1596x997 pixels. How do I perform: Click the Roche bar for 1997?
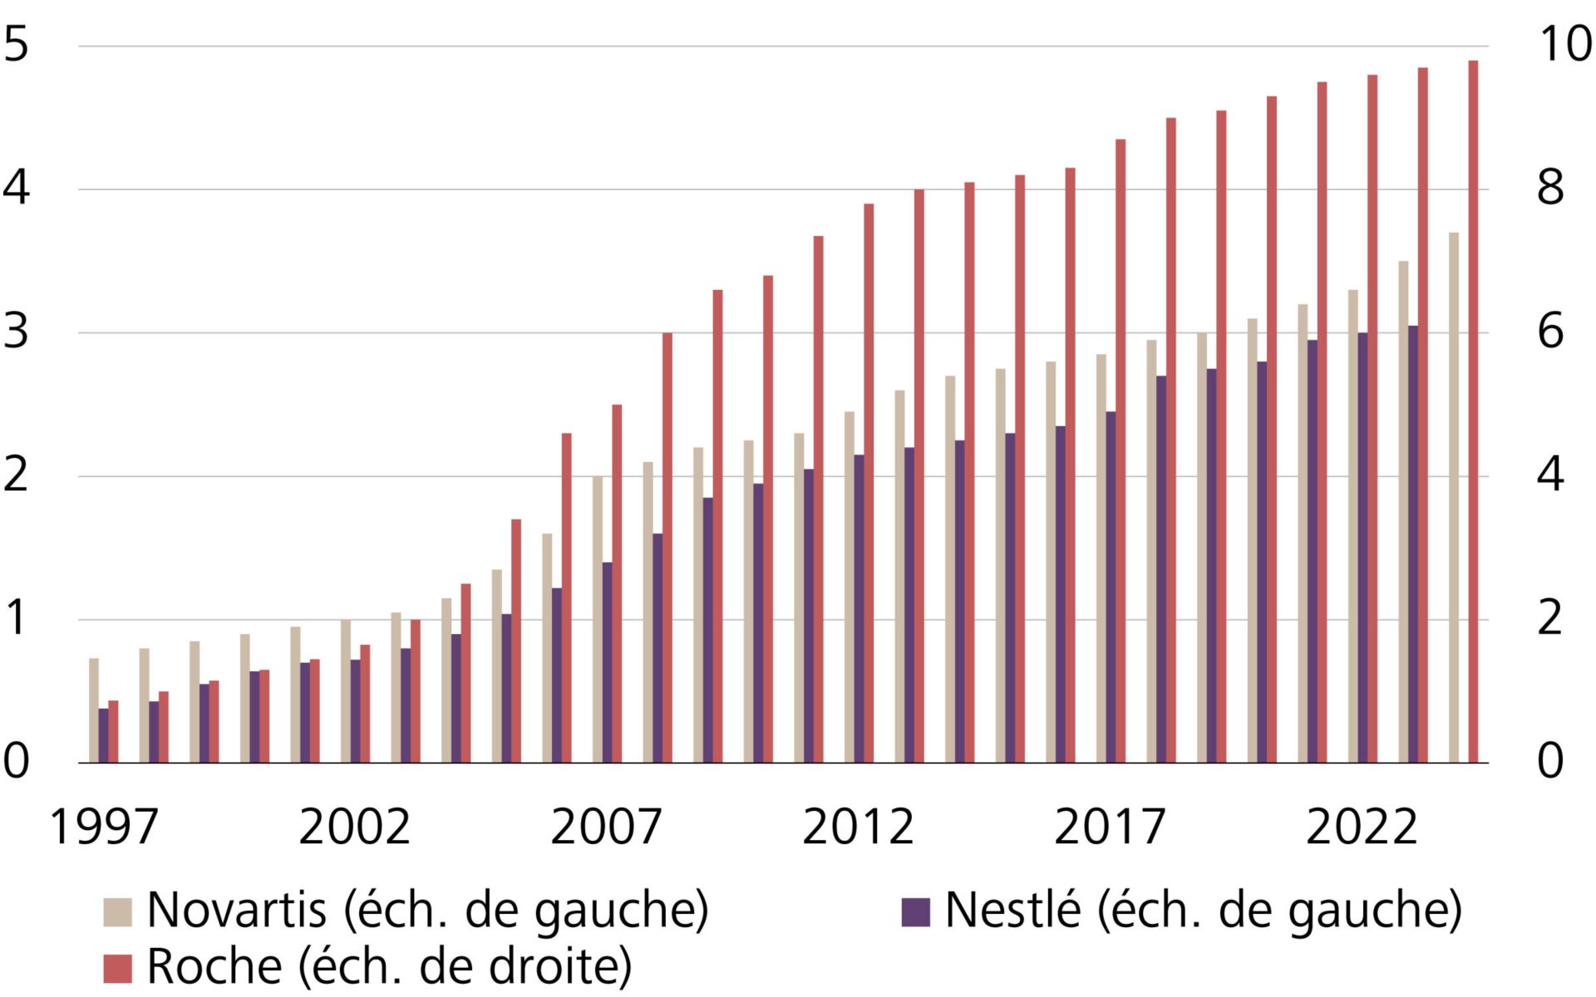pos(114,732)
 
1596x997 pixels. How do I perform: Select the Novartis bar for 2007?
pos(598,620)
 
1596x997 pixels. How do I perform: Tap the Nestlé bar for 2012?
pos(860,609)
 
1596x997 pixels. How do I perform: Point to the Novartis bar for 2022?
pos(1353,527)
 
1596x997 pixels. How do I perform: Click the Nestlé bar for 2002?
pos(356,711)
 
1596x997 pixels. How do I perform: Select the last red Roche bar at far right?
pos(1473,411)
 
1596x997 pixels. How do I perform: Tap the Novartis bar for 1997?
pos(94,710)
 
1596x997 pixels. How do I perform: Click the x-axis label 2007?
pos(606,828)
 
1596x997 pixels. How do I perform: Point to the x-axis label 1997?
pos(104,828)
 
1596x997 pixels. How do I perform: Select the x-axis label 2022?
pos(1362,828)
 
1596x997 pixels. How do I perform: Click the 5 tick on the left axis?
pos(17,44)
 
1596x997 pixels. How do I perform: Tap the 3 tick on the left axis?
pos(17,332)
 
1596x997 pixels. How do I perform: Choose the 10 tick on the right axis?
pos(1566,44)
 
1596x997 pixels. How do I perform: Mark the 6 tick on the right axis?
pos(1550,332)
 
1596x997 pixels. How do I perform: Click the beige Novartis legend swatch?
pos(117,911)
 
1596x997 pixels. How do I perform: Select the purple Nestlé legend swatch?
pos(915,911)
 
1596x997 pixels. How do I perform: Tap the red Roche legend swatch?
pos(117,968)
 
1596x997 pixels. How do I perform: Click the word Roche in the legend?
pos(214,967)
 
